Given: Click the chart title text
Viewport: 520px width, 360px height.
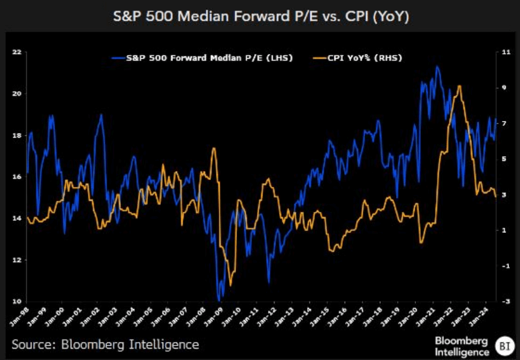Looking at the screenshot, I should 259,16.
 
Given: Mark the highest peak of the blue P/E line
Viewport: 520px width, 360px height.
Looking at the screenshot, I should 437,67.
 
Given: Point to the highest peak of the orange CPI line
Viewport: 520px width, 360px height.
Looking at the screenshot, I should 461,86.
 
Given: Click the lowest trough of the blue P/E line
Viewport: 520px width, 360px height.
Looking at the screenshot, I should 219,299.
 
